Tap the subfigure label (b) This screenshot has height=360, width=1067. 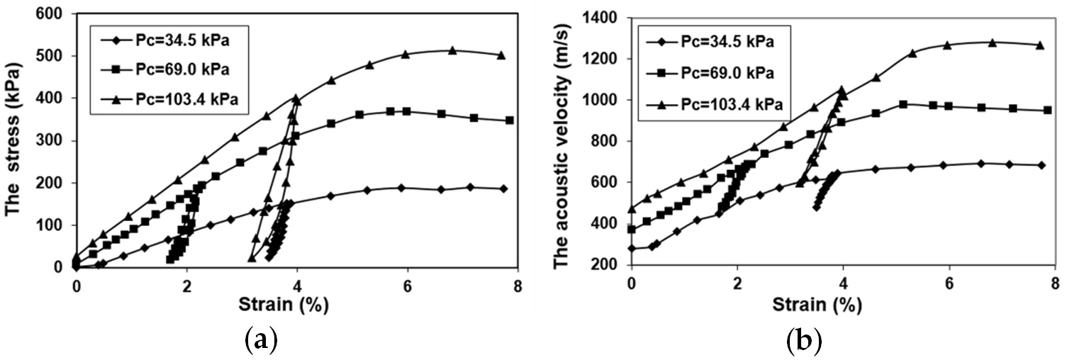pos(804,342)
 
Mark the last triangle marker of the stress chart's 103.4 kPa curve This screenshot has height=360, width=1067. pos(501,55)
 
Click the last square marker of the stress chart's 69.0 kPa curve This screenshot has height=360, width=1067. pos(509,120)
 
